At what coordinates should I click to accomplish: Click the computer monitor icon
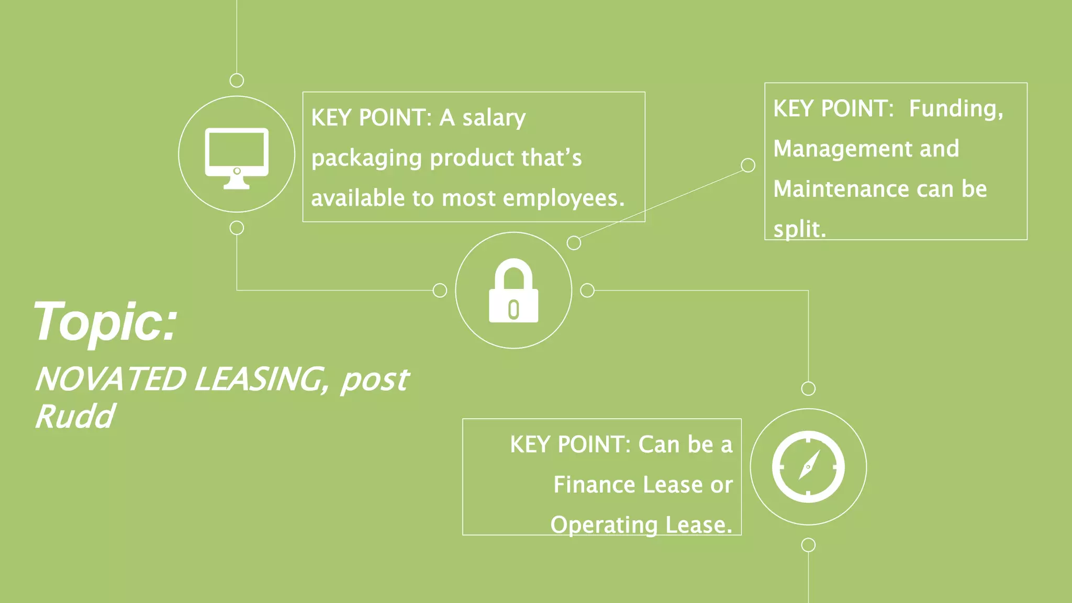pyautogui.click(x=237, y=157)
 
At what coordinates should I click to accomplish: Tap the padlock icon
pyautogui.click(x=513, y=291)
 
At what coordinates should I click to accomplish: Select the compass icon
pyautogui.click(x=808, y=466)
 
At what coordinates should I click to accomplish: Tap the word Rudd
pyautogui.click(x=75, y=417)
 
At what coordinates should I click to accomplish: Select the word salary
pyautogui.click(x=494, y=118)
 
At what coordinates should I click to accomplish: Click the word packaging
pyautogui.click(x=366, y=159)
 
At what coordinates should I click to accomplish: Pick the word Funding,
pyautogui.click(x=956, y=109)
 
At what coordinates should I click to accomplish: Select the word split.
pyautogui.click(x=799, y=230)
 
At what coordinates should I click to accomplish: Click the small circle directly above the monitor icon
pyautogui.click(x=237, y=81)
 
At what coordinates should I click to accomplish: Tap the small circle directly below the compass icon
pyautogui.click(x=808, y=545)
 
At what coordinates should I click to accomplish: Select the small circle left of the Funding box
pyautogui.click(x=748, y=165)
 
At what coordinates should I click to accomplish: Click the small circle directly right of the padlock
pyautogui.click(x=587, y=291)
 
